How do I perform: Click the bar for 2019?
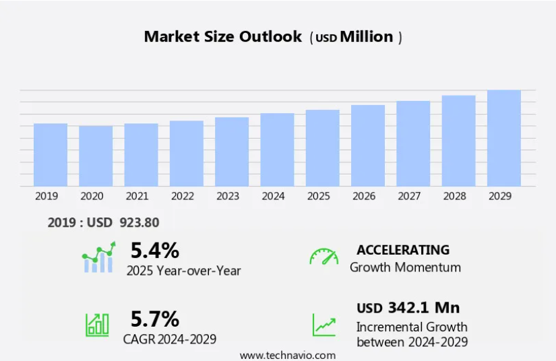click(x=51, y=155)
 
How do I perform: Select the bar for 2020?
click(x=96, y=156)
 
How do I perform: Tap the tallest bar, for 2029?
click(x=504, y=138)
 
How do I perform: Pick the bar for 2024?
click(x=277, y=150)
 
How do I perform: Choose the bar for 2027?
click(x=413, y=143)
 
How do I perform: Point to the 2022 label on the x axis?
click(x=183, y=196)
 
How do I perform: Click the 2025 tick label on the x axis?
click(x=319, y=196)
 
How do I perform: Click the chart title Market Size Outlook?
click(x=223, y=37)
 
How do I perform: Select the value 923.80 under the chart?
click(x=140, y=222)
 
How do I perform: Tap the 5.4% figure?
click(x=155, y=251)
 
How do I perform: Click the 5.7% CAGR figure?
click(x=155, y=318)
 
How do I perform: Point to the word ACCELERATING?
click(x=403, y=250)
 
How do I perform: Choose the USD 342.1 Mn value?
click(x=408, y=308)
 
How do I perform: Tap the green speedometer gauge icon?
click(x=323, y=257)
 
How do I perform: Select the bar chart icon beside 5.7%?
click(x=97, y=324)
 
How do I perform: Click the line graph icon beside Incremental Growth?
click(x=323, y=325)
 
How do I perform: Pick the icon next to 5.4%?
click(x=98, y=259)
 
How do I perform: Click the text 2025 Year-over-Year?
click(x=183, y=270)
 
